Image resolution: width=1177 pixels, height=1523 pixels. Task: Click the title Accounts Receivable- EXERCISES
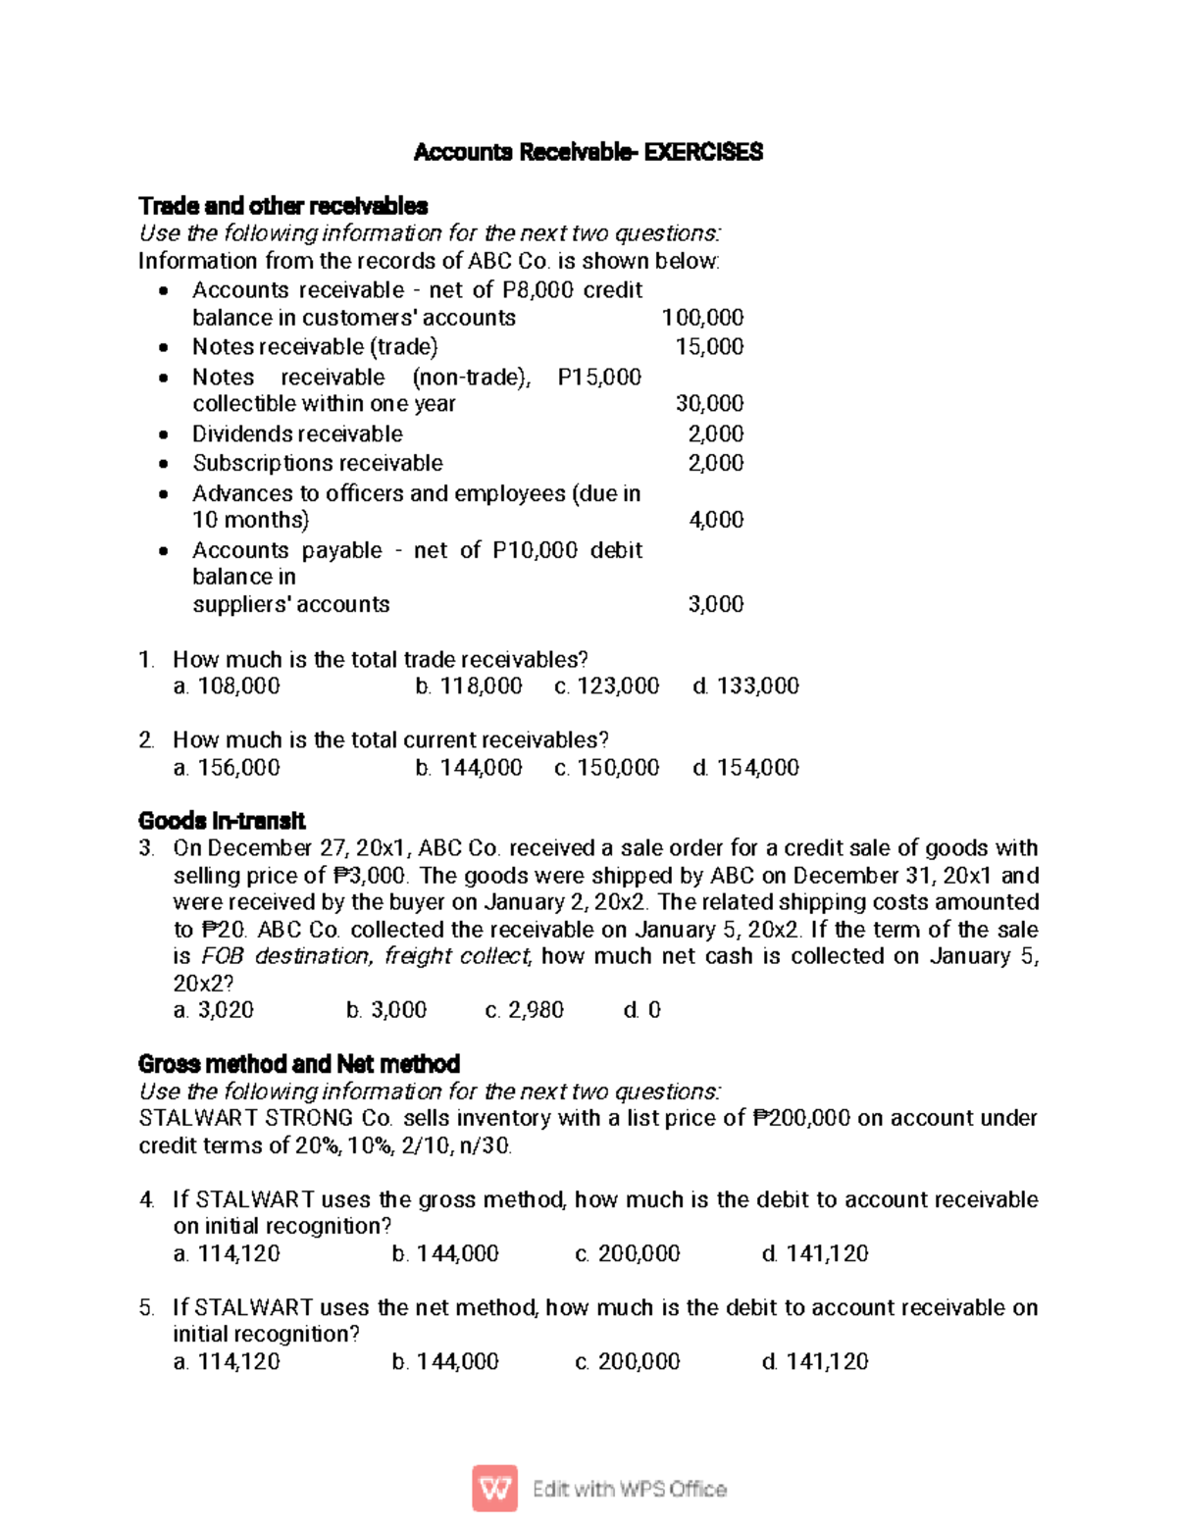coord(588,152)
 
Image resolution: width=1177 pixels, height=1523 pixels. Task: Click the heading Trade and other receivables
coord(282,206)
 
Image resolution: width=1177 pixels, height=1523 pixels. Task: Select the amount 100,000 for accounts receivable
coord(702,318)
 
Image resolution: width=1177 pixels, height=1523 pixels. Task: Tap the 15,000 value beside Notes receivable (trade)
coord(709,347)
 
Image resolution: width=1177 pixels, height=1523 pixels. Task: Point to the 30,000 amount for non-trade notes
coord(709,404)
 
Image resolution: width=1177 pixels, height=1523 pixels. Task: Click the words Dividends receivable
coord(297,434)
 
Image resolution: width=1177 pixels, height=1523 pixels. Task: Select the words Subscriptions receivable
coord(317,463)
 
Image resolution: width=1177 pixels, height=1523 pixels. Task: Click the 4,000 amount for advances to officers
coord(716,520)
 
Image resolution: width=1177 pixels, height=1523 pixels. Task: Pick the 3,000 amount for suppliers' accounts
coord(716,605)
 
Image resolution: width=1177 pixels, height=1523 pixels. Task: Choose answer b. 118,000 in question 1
coord(469,686)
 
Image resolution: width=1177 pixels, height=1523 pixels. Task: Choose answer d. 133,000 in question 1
coord(745,686)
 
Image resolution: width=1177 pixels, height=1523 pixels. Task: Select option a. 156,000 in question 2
coord(227,768)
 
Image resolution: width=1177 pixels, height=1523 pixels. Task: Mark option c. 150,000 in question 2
coord(606,768)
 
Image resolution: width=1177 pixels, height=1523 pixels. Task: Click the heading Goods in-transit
coord(222,821)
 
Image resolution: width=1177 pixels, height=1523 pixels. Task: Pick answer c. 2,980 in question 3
coord(525,1010)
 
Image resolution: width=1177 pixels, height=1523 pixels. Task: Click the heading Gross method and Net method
coord(299,1064)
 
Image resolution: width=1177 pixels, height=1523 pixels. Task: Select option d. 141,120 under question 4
coord(815,1253)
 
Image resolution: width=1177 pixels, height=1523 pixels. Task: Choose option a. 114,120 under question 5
coord(227,1361)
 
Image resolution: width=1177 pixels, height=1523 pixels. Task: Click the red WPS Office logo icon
coord(494,1489)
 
